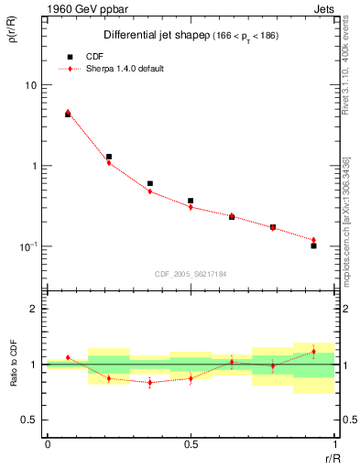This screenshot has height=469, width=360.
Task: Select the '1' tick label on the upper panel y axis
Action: (33, 166)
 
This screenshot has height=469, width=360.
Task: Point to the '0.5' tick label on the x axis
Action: (191, 444)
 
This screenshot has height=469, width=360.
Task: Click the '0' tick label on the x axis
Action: (47, 444)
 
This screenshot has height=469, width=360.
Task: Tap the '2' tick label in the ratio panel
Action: (34, 309)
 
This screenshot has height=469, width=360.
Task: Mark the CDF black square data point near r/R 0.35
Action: (150, 183)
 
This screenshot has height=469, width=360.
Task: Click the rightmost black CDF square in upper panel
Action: (313, 245)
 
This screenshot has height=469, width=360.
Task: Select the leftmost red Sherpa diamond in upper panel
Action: (68, 113)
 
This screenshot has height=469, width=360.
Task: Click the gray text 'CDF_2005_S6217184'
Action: (190, 273)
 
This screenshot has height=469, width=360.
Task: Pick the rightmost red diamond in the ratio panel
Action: (313, 352)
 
